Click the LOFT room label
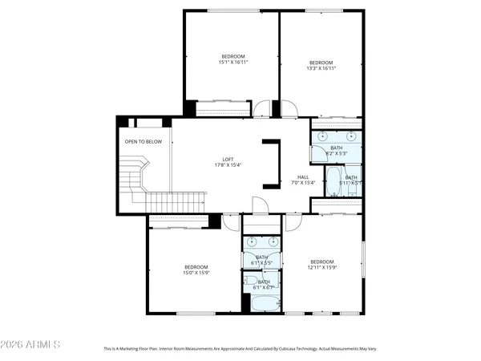(228, 159)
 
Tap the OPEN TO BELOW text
(143, 142)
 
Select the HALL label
(303, 177)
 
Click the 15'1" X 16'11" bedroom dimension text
(233, 62)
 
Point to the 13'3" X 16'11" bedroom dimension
(321, 68)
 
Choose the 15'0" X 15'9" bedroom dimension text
(196, 273)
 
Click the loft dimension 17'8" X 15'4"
(228, 165)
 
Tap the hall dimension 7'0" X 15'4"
(304, 183)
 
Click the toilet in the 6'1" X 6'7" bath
(249, 282)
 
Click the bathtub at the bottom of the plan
(263, 303)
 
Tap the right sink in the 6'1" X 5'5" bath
(273, 241)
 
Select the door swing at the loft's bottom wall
(259, 206)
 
